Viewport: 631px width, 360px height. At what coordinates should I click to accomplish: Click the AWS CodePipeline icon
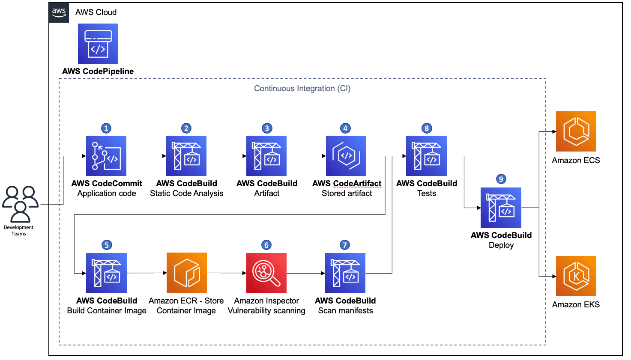(98, 44)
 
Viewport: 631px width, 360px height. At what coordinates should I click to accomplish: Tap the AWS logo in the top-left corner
(59, 12)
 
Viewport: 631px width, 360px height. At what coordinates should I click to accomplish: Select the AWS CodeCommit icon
(106, 156)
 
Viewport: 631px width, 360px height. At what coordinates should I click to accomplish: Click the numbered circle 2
(186, 128)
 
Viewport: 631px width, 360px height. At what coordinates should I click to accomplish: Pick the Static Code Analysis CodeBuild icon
(186, 156)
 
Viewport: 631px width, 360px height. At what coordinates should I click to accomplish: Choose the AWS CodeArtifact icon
(346, 156)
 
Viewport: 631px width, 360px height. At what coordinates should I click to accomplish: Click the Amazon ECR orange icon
(187, 273)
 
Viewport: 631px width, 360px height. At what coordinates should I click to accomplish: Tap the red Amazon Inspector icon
(266, 273)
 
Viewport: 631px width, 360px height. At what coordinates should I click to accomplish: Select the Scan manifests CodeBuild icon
(345, 273)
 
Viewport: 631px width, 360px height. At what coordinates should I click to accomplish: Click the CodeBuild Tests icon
(427, 156)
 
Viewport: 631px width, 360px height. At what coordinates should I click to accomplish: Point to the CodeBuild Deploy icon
(501, 208)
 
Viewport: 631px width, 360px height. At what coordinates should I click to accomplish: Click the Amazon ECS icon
(576, 131)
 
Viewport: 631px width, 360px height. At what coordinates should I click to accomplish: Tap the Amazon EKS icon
(576, 276)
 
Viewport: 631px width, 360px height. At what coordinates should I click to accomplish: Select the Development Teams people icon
(20, 204)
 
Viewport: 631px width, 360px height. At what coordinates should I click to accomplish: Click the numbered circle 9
(501, 179)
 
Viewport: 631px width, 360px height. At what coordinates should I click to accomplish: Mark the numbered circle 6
(266, 245)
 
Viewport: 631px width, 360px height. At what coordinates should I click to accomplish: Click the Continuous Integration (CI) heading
(302, 89)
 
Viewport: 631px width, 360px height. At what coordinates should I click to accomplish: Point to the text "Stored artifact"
(347, 193)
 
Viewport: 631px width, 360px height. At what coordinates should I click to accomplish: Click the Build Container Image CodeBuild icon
(106, 273)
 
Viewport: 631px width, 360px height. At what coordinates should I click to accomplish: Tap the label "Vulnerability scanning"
(266, 311)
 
